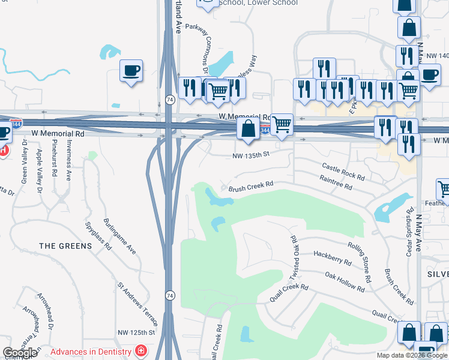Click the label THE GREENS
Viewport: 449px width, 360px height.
(65, 246)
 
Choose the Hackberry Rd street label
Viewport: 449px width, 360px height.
(332, 257)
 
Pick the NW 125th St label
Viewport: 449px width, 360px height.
(136, 332)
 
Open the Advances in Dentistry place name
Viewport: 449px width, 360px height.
(91, 352)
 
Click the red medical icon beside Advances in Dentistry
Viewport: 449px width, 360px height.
(140, 350)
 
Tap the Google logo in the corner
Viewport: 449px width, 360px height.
(20, 353)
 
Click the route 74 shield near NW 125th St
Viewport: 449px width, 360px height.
(170, 295)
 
